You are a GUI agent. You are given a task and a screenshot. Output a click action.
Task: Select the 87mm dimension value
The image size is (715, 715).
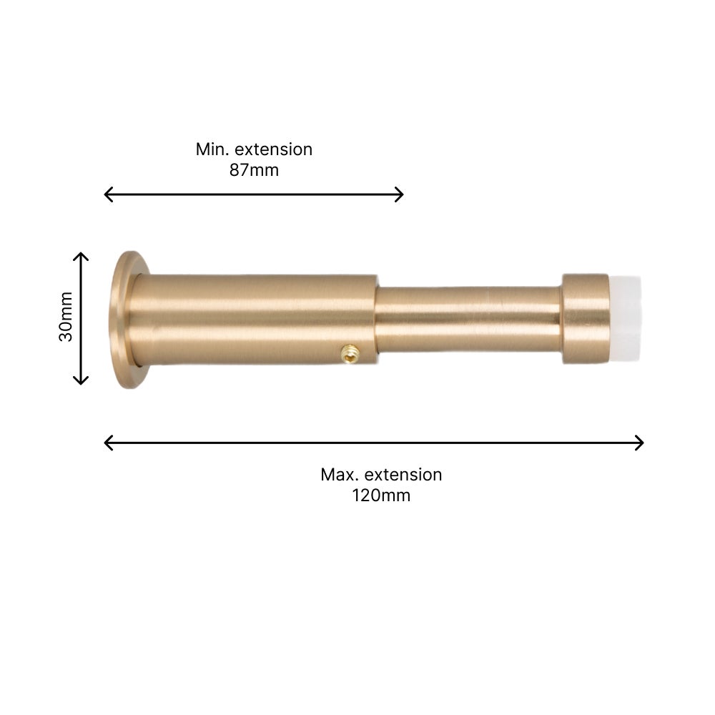coord(254,170)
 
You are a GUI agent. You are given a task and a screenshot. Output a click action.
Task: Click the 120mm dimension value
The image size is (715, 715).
coord(381,495)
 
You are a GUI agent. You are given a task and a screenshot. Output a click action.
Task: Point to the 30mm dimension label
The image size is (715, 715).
coord(66,317)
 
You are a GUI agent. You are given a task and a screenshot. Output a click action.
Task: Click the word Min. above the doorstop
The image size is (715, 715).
coord(212,149)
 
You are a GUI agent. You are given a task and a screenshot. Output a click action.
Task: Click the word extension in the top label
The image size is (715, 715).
coord(274,149)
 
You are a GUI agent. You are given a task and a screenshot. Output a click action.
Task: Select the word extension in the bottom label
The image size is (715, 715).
coord(403,475)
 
